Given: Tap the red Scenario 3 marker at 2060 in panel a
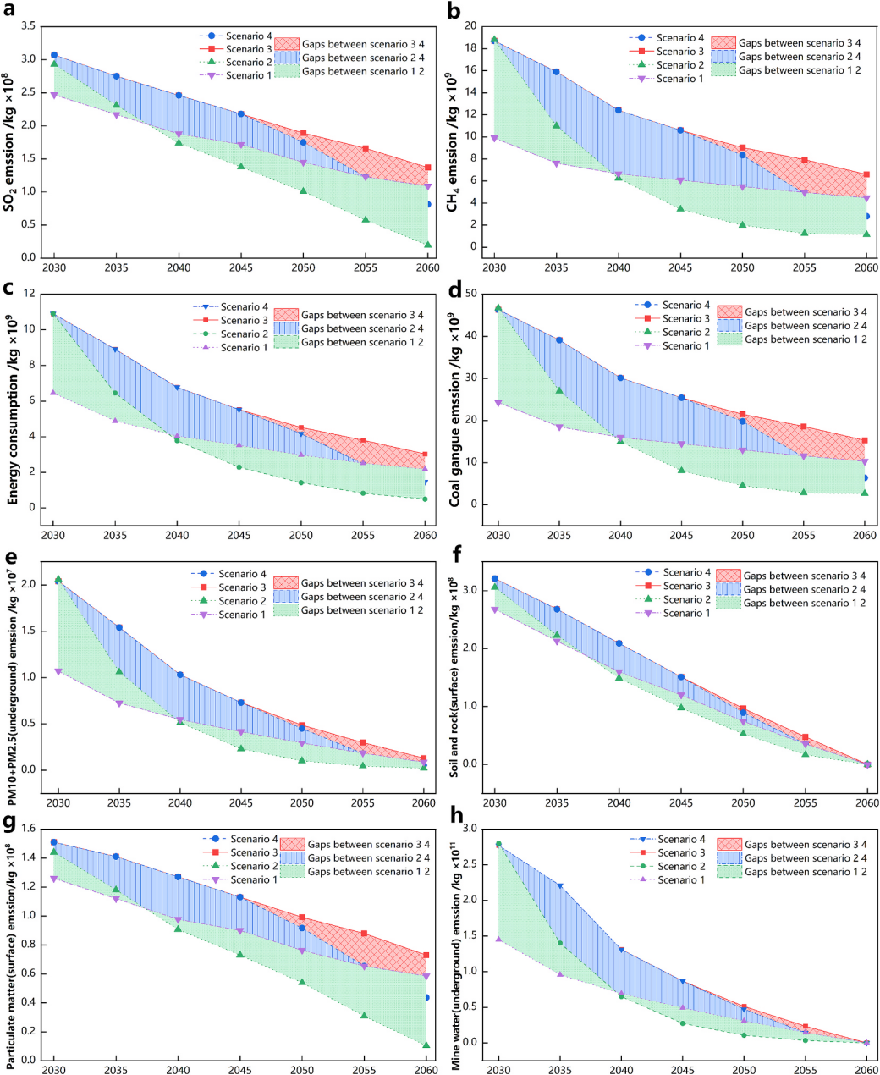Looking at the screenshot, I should pos(428,168).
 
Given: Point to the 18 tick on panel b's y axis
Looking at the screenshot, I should pos(470,47).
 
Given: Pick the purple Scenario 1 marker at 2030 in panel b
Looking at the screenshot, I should pos(494,138).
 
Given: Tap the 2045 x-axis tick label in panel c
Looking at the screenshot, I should pos(239,536).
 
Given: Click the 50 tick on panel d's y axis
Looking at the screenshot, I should pos(467,294).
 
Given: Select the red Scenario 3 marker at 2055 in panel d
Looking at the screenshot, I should pos(804,427).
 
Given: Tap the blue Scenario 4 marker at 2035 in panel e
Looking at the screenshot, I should pos(119,627).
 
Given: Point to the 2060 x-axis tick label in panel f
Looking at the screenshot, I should pos(867,802).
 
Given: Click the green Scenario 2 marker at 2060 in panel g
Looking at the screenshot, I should pos(426,1045).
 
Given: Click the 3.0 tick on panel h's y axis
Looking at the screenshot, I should pos(469,829).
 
